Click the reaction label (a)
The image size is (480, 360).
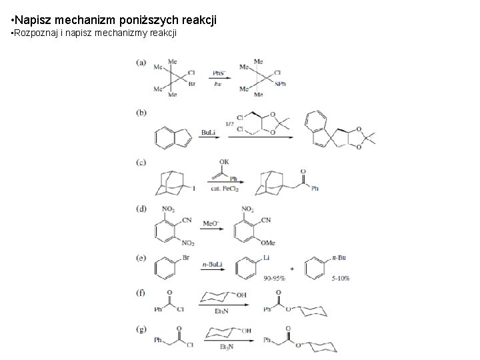click(141, 63)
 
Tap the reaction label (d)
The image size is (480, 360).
click(141, 208)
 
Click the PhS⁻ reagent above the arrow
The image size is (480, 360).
click(218, 73)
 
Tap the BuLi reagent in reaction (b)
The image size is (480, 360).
click(207, 132)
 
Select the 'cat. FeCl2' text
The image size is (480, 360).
click(225, 189)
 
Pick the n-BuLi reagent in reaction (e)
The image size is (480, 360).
click(213, 264)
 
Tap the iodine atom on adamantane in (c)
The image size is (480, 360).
click(194, 189)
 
